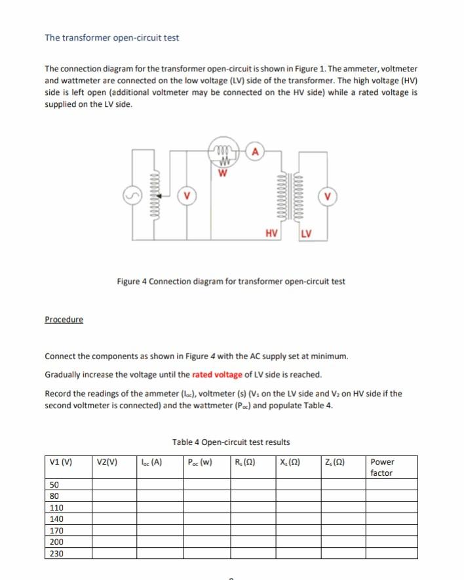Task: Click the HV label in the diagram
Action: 271,233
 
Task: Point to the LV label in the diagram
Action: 306,233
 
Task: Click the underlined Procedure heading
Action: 64,319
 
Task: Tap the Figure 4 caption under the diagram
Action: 231,282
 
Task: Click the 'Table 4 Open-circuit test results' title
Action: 231,442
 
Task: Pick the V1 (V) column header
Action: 61,461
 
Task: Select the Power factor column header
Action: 382,467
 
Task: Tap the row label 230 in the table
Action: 56,554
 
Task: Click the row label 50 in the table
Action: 54,484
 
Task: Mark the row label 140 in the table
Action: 56,519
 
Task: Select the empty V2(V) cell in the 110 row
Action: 113,507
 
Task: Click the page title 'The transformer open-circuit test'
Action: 111,37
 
